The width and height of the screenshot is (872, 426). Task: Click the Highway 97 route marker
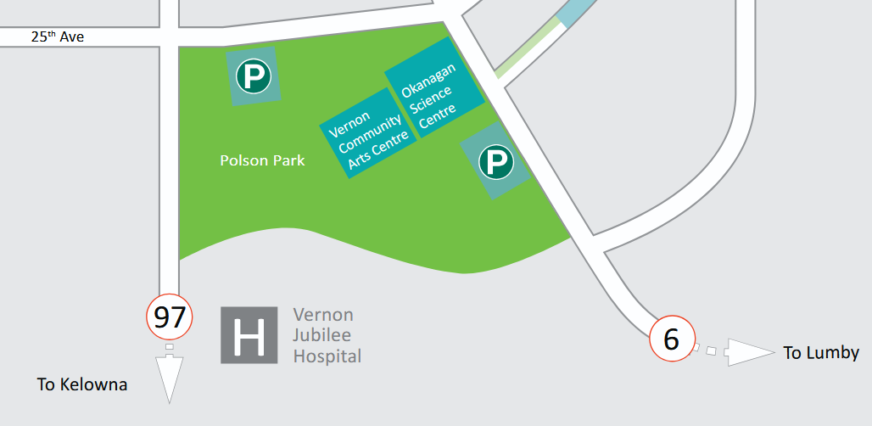click(x=170, y=317)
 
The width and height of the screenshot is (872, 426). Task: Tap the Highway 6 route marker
click(x=672, y=339)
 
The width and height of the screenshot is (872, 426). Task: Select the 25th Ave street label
click(x=58, y=37)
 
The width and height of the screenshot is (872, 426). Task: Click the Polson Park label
click(x=262, y=160)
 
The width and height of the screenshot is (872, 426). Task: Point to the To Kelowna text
click(x=82, y=384)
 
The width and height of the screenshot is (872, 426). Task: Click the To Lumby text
click(x=821, y=353)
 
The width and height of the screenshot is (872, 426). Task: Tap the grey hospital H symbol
click(x=249, y=334)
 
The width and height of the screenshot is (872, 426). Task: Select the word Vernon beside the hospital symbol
click(x=323, y=315)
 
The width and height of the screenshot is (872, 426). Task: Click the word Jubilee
click(x=322, y=335)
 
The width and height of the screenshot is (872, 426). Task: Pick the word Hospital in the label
click(x=327, y=356)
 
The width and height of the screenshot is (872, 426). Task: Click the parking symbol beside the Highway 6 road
click(x=496, y=161)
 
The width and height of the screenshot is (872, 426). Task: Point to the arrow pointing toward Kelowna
click(x=170, y=378)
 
